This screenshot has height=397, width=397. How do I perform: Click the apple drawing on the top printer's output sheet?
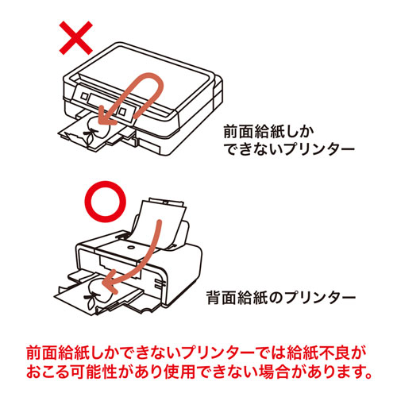tap(95, 131)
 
